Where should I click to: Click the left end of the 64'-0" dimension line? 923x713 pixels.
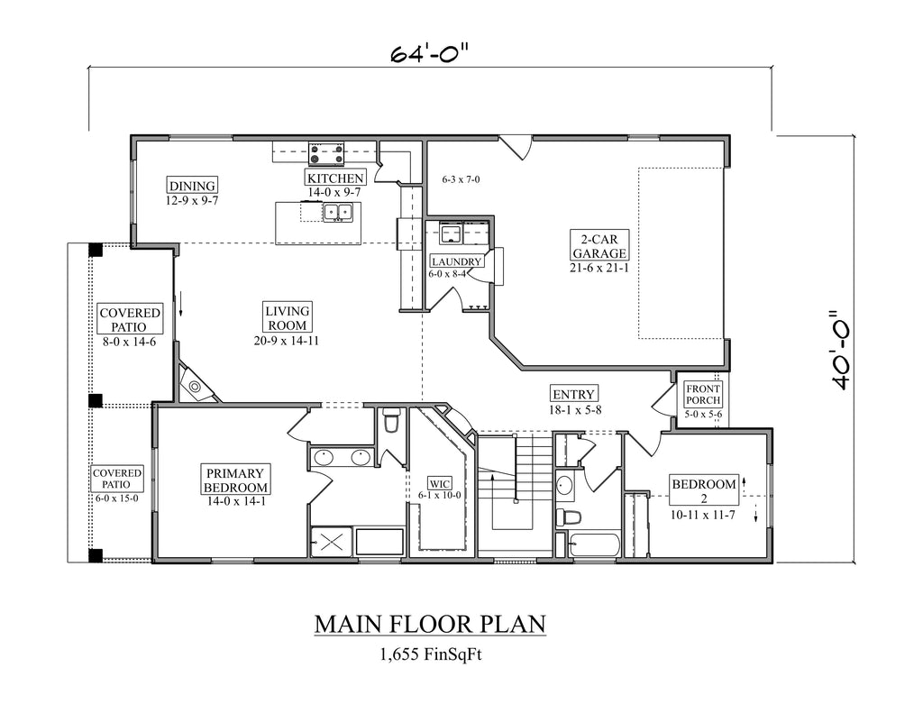[x=89, y=67]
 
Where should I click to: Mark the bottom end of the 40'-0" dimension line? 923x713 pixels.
[x=854, y=562]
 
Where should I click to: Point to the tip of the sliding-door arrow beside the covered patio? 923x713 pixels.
[x=180, y=315]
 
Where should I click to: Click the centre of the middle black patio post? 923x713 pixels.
[x=96, y=400]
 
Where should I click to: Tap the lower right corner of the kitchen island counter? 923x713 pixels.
[x=361, y=243]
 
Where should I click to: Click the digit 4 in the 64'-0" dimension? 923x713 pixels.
[x=411, y=54]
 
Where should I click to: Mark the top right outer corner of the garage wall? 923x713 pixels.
[x=730, y=136]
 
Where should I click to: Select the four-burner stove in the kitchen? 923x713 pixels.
[x=326, y=153]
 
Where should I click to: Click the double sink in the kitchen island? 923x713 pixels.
[x=337, y=212]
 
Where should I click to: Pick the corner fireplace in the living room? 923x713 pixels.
[x=196, y=383]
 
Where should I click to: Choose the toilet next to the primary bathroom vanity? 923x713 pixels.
[x=391, y=420]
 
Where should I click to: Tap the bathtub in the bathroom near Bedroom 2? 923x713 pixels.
[x=595, y=544]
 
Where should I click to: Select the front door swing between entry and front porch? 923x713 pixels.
[x=664, y=401]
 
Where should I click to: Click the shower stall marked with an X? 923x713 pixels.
[x=332, y=541]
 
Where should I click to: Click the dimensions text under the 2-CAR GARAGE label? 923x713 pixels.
[x=599, y=268]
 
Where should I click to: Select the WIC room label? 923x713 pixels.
[x=439, y=484]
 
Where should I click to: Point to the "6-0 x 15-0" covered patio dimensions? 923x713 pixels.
[x=116, y=498]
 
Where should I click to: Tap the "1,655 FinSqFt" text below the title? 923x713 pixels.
[x=431, y=654]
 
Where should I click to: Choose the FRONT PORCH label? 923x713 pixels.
[x=703, y=395]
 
